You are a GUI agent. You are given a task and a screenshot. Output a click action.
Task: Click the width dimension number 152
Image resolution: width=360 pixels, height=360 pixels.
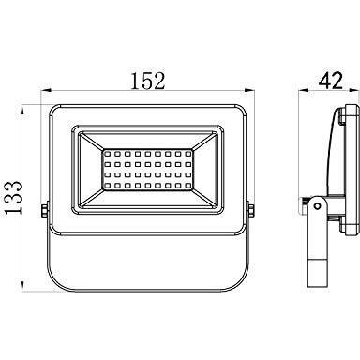tap(147, 81)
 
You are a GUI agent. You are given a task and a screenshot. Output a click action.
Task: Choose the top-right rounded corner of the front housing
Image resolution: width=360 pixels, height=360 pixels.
tap(241, 110)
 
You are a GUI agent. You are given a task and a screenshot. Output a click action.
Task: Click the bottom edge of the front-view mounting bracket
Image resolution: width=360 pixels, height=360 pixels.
tap(147, 290)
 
